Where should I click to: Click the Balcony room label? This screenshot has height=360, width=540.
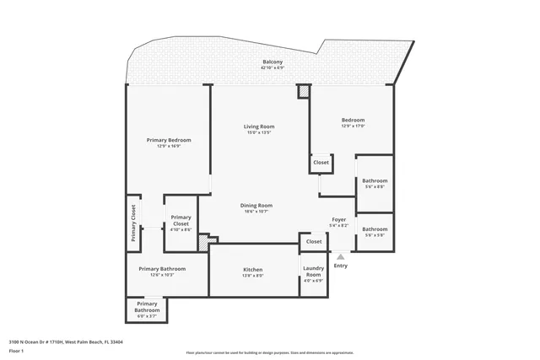pos(272,62)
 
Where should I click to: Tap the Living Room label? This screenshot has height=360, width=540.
pos(259,126)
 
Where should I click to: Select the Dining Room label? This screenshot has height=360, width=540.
pos(256,206)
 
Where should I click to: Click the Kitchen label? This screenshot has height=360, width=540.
pos(253,270)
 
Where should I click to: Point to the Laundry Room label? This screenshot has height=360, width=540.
pos(313,272)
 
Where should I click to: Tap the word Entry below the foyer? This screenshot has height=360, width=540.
pos(340,266)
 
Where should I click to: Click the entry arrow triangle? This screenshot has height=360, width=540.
pos(340,256)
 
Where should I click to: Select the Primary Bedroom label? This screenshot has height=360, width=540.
pos(169,140)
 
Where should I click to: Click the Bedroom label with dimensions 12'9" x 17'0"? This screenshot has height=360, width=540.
pos(353,121)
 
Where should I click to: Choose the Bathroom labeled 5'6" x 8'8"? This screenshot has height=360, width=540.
pos(375,181)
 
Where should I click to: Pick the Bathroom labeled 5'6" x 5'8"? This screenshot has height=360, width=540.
pos(375,229)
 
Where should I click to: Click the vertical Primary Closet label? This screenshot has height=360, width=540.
pos(133,223)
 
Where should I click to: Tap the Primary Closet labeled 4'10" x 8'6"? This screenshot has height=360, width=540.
pos(181,221)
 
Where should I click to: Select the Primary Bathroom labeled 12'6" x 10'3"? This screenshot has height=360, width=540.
pos(162,269)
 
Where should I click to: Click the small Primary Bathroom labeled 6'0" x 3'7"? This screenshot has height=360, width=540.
pos(147,309)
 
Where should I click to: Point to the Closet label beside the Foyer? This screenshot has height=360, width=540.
pos(314,242)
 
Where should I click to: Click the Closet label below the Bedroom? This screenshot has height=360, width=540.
pos(321,163)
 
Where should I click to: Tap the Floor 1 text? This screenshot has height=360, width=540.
pos(16,351)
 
